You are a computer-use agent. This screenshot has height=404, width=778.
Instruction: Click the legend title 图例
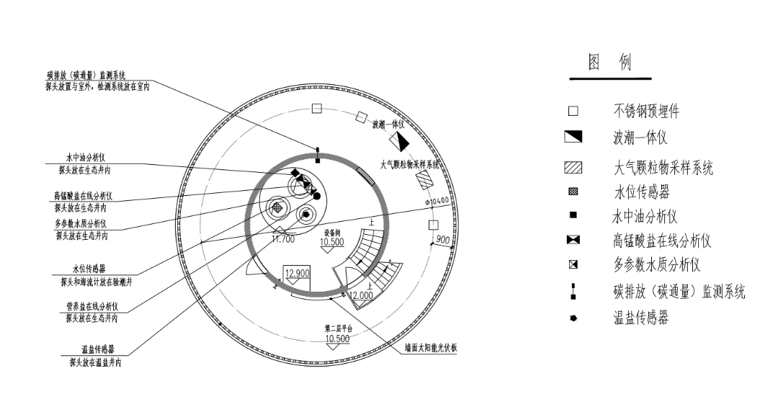pos(609,63)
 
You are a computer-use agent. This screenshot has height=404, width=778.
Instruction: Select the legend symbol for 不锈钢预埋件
pos(573,112)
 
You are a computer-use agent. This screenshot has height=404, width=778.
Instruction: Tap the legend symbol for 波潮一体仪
pos(573,137)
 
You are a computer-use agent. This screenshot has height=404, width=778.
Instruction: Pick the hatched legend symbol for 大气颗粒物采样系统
pos(573,169)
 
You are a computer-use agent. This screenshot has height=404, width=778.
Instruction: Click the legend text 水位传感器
pos(641,193)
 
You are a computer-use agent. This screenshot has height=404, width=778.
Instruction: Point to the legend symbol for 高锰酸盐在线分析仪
pos(573,241)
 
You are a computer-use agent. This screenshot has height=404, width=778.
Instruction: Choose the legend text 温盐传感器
pos(640,318)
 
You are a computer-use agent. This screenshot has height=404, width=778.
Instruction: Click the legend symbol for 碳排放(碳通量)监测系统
pos(573,291)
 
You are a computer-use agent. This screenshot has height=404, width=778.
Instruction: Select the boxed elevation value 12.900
pos(297,273)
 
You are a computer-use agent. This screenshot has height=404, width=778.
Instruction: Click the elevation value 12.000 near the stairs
pos(360,295)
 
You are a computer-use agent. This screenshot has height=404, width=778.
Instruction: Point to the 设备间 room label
pos(332,233)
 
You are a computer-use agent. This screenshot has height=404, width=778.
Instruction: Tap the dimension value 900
pos(443,239)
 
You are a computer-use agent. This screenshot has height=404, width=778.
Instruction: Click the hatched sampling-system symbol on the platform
pos(426,179)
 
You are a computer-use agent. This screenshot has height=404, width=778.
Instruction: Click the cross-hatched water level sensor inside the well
pos(277,207)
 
